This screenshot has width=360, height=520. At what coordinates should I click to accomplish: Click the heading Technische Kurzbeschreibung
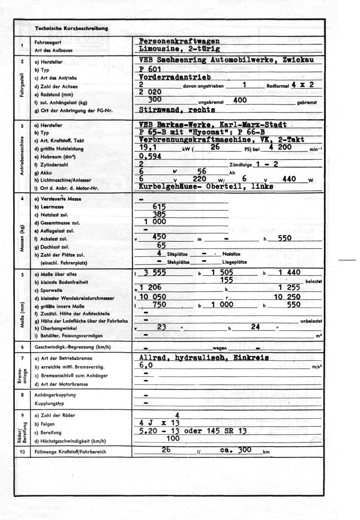coord(71,28)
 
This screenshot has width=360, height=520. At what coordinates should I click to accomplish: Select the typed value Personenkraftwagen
coord(179,41)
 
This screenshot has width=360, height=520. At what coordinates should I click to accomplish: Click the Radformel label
coord(278,86)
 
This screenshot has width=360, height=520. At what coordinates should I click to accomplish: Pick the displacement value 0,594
coord(150,156)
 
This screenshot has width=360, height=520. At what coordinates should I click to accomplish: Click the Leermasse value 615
coord(159,207)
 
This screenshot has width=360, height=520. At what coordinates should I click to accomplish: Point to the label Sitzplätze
coord(177,254)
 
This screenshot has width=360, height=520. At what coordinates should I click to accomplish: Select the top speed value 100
coord(173,438)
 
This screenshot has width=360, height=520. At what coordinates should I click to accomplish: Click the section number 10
coord(22,452)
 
